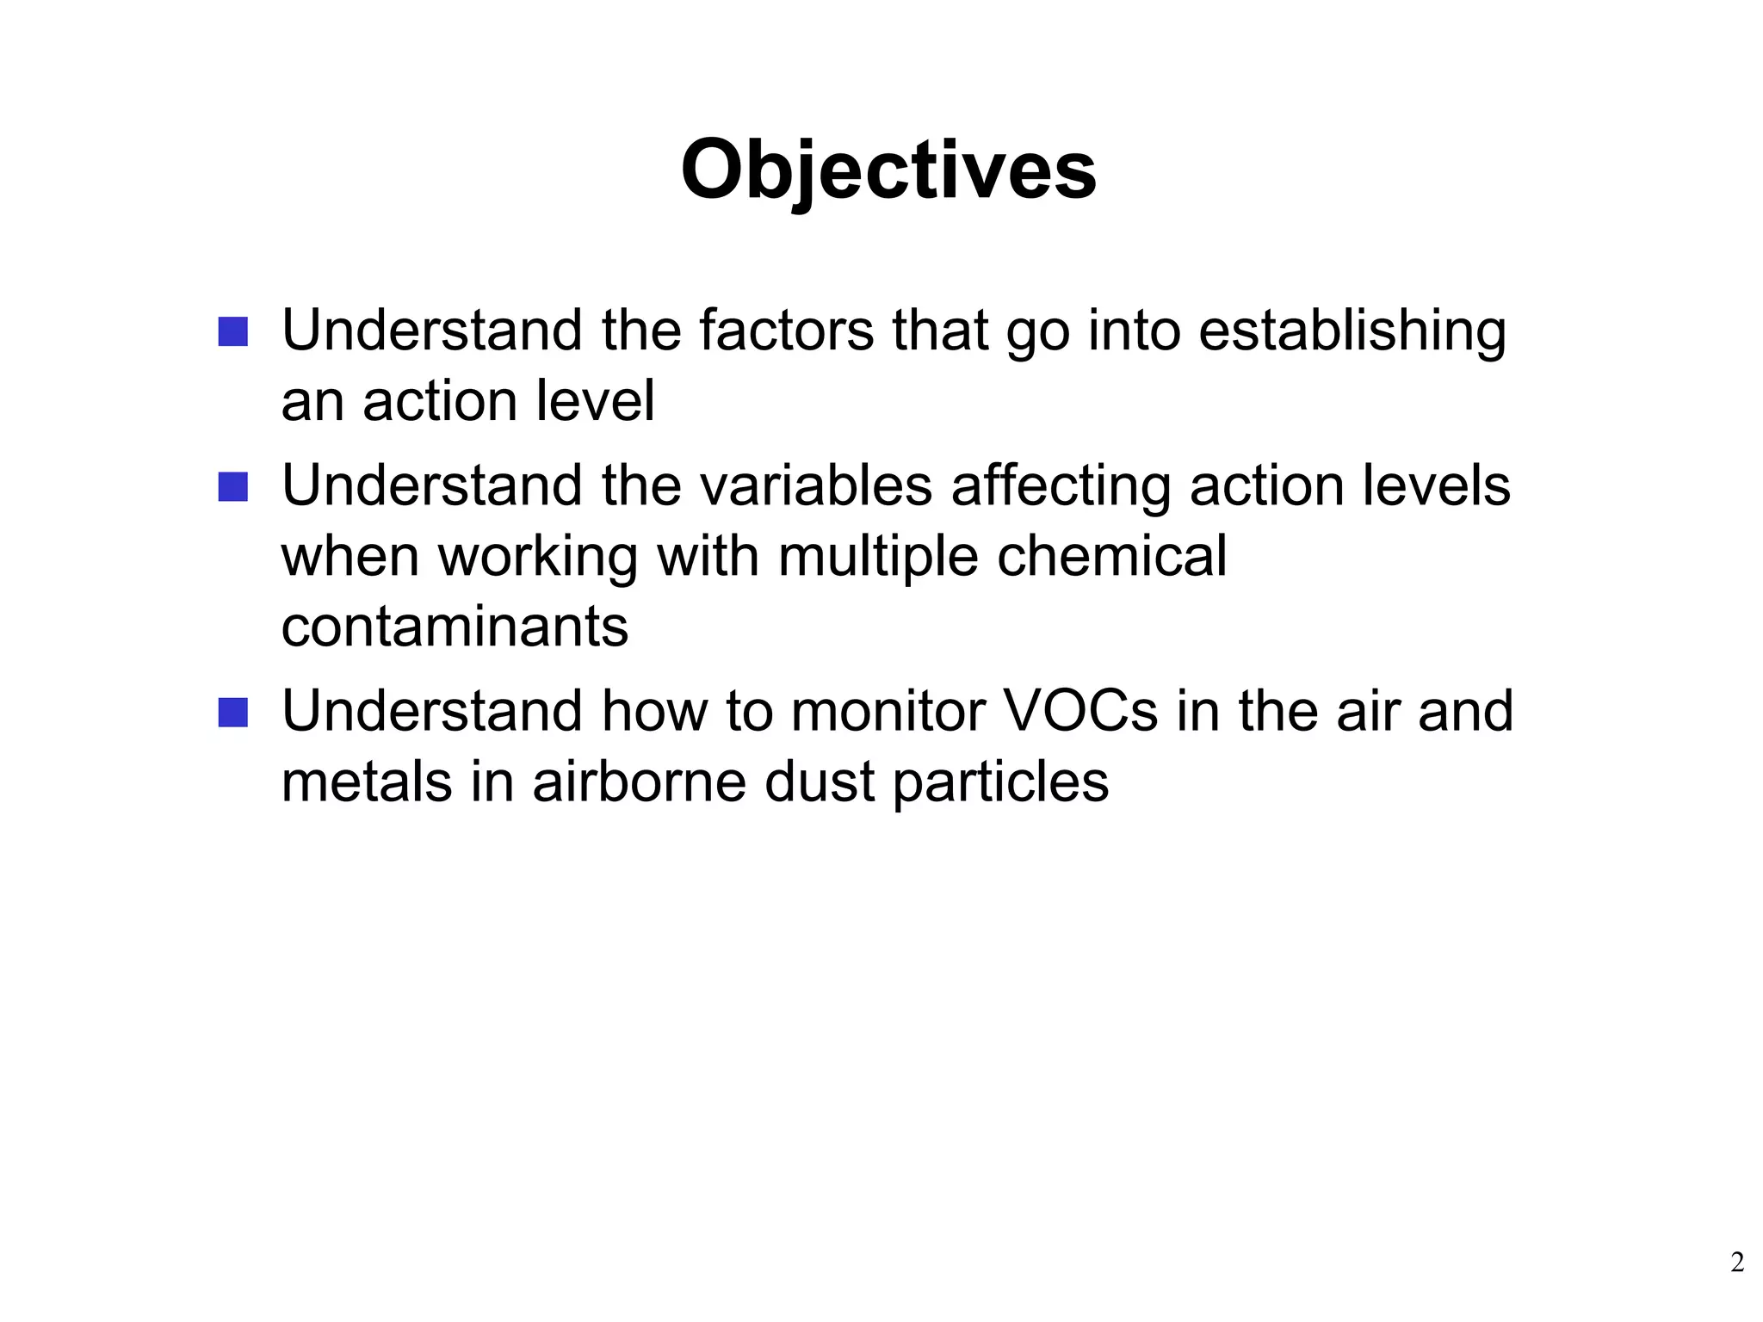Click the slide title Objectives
click(x=888, y=170)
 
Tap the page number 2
click(x=1737, y=1263)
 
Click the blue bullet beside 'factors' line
click(x=232, y=332)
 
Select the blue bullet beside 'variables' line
click(x=232, y=487)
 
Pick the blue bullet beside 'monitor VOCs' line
click(x=232, y=713)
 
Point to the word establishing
click(x=1352, y=332)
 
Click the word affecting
click(x=1061, y=487)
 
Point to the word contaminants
click(x=455, y=627)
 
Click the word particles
click(x=1000, y=783)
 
